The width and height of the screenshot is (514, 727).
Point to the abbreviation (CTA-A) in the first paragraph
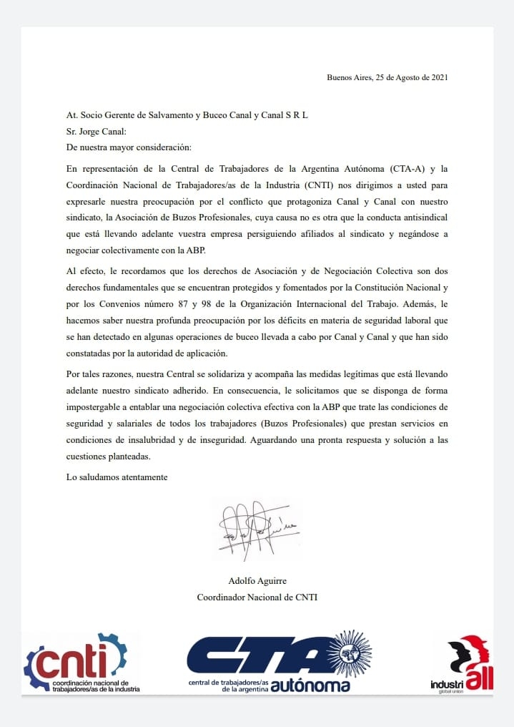pyautogui.click(x=409, y=169)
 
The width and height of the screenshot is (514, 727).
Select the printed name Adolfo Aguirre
pyautogui.click(x=257, y=580)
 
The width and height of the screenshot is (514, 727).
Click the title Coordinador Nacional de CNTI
pyautogui.click(x=257, y=597)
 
